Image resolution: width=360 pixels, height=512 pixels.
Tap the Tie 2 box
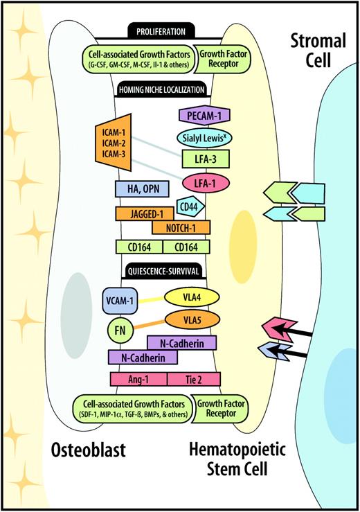194,379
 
